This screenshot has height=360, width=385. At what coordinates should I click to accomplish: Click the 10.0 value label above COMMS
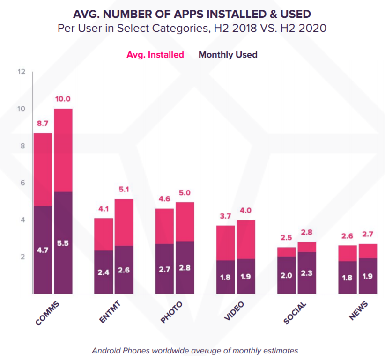pyautogui.click(x=63, y=99)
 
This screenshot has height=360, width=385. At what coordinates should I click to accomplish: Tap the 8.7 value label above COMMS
pyautogui.click(x=43, y=124)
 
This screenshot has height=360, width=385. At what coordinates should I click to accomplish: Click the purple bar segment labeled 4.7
pyautogui.click(x=43, y=250)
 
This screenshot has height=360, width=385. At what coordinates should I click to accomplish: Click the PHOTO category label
pyautogui.click(x=171, y=313)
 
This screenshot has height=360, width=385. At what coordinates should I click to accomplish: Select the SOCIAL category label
pyautogui.click(x=295, y=314)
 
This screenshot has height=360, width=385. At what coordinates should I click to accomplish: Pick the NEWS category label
pyautogui.click(x=359, y=311)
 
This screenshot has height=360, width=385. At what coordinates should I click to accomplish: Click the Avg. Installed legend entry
pyautogui.click(x=155, y=55)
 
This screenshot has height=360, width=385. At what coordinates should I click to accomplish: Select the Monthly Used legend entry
pyautogui.click(x=228, y=55)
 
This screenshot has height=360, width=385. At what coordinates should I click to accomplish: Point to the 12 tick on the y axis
pyautogui.click(x=21, y=72)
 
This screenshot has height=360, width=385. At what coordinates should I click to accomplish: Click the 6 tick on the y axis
pyautogui.click(x=22, y=183)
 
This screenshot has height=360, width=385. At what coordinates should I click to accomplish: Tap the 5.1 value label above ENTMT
pyautogui.click(x=124, y=190)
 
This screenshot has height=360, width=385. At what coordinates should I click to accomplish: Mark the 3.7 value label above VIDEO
pyautogui.click(x=225, y=216)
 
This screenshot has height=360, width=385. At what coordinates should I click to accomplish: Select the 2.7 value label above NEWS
pyautogui.click(x=368, y=235)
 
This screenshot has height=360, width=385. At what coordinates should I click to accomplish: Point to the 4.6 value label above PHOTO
pyautogui.click(x=164, y=199)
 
